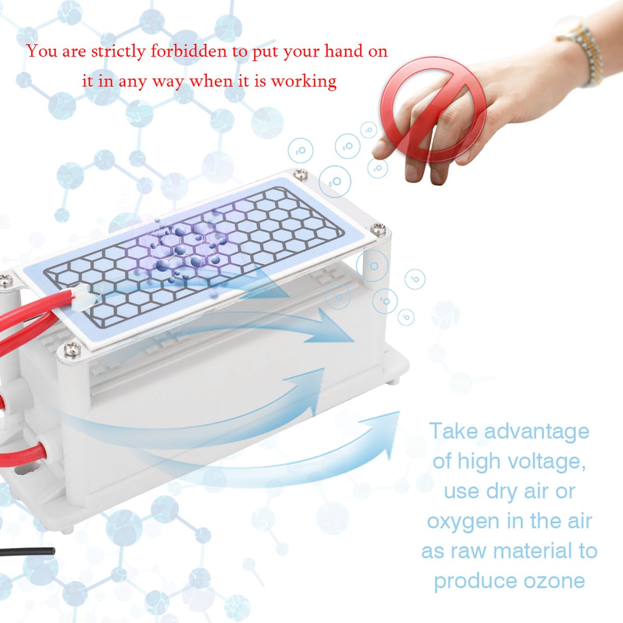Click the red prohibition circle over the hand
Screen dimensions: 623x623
433,109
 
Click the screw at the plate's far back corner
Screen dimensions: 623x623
301,173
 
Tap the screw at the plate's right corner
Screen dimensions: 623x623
378,229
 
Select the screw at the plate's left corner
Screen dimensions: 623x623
6,281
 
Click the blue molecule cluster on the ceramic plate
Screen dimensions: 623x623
184,251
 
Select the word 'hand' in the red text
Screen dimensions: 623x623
344,52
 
